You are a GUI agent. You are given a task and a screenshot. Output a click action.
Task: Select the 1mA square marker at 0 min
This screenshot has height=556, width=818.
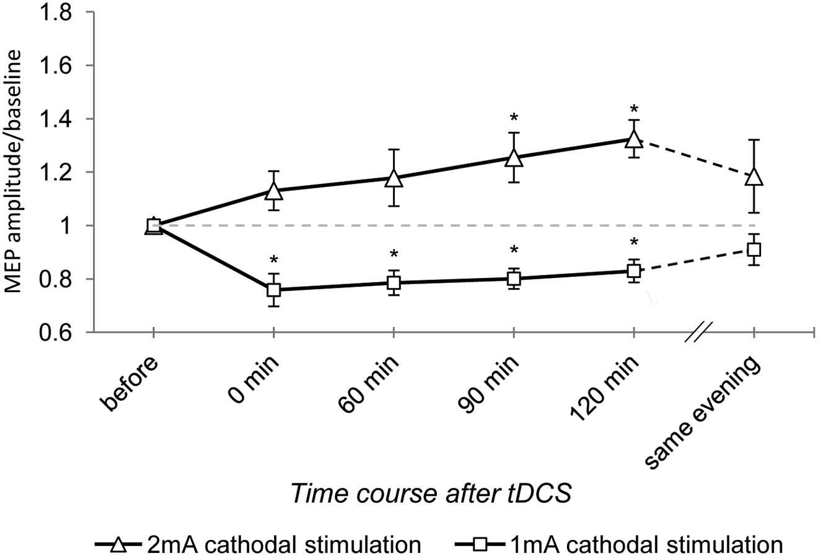273,289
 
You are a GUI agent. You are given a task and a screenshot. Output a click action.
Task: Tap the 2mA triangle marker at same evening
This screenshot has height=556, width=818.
754,177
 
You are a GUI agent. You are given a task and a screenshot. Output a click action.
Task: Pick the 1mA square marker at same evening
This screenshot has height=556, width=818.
754,250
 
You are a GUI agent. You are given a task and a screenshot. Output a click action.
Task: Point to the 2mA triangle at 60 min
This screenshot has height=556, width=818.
393,179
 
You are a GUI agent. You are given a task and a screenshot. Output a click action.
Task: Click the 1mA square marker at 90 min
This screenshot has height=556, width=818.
513,279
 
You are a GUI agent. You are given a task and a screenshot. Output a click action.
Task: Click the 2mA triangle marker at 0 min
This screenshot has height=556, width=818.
273,191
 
